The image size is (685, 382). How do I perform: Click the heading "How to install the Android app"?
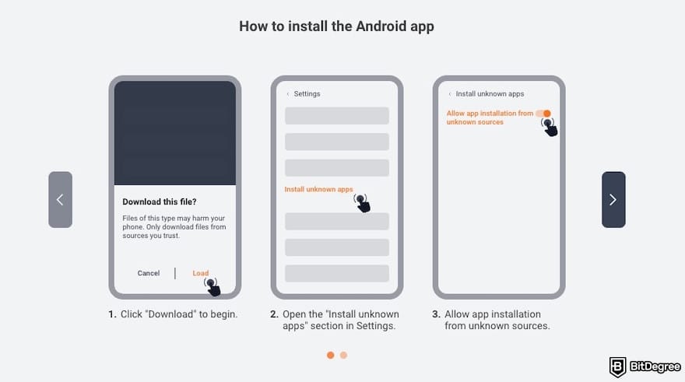click(336, 26)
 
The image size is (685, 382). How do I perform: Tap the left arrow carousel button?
click(60, 200)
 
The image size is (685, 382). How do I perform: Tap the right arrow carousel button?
click(613, 200)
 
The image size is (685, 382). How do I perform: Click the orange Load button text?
click(201, 273)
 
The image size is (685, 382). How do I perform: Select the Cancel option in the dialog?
click(149, 273)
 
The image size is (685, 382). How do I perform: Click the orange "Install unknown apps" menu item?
click(318, 189)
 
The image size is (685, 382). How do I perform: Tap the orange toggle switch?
click(543, 114)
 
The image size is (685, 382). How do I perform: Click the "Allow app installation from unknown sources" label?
click(490, 117)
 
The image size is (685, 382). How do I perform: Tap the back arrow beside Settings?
click(287, 94)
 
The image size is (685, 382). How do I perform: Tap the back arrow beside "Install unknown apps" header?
click(449, 94)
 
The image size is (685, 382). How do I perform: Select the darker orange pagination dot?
click(330, 355)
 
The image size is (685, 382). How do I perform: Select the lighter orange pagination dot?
click(343, 355)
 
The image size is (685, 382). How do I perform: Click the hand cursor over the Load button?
click(212, 287)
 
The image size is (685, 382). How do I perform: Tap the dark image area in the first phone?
click(175, 132)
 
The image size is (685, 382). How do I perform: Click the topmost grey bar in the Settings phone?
click(336, 116)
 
